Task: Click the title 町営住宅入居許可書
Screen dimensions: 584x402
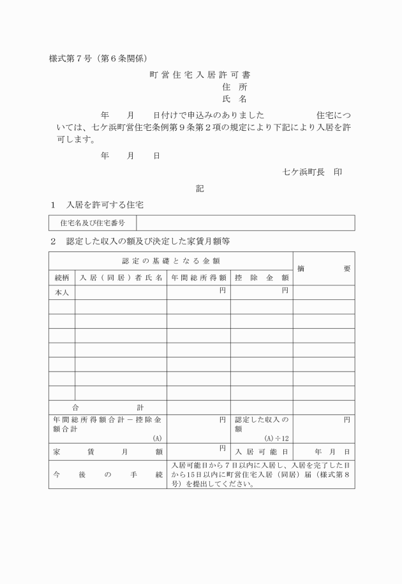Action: (x=200, y=75)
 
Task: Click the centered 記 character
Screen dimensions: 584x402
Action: (x=200, y=189)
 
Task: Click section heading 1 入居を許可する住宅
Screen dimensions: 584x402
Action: (x=98, y=206)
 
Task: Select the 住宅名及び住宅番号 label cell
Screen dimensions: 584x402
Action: (x=93, y=223)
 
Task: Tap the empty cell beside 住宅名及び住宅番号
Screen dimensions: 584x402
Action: (x=246, y=223)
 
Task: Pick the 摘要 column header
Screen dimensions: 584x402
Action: (x=324, y=268)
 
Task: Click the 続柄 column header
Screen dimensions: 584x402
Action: (x=62, y=278)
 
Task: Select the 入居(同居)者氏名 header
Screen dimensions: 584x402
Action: (x=121, y=278)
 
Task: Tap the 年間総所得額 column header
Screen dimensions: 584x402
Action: (x=198, y=278)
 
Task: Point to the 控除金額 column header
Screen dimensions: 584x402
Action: (x=262, y=278)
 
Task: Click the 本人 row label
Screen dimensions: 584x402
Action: (x=62, y=292)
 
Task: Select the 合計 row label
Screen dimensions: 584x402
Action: (x=108, y=407)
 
